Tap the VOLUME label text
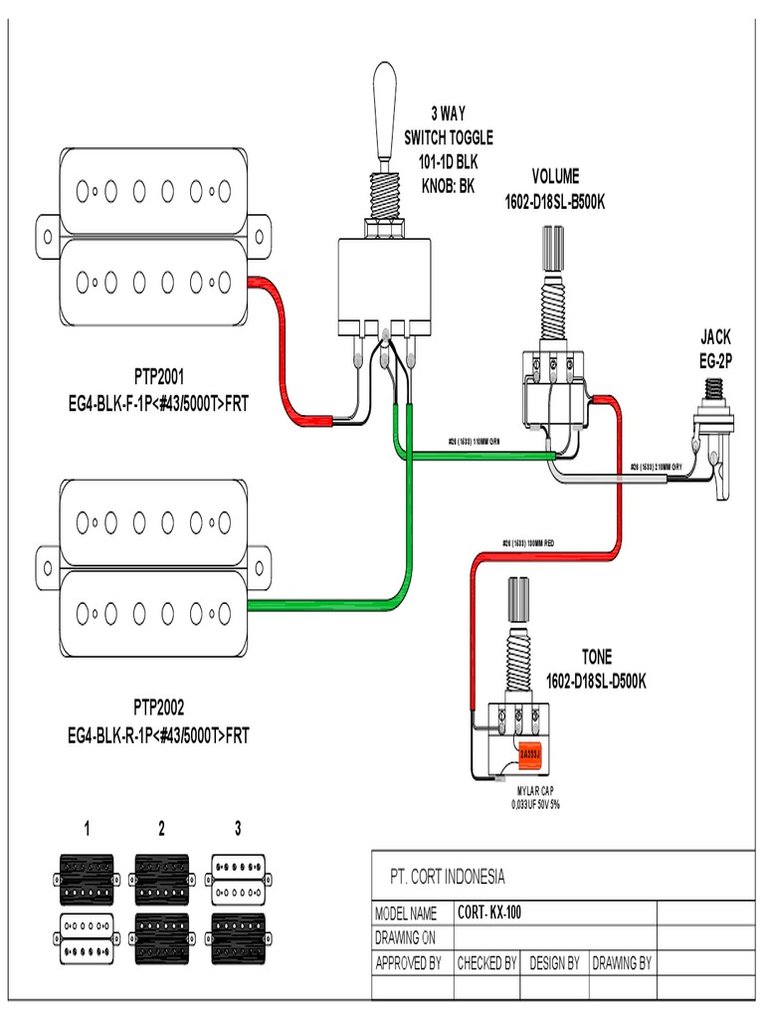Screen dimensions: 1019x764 tap(555, 177)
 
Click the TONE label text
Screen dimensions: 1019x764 tap(597, 658)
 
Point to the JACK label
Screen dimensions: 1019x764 tap(715, 336)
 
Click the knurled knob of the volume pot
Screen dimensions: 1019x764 tap(553, 245)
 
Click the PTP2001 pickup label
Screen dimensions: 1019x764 tap(159, 378)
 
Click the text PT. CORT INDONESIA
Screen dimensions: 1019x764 tap(447, 877)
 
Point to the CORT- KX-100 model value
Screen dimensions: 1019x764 tap(489, 913)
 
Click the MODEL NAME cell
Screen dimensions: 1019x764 tap(405, 914)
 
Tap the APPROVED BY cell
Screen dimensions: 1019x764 tap(407, 963)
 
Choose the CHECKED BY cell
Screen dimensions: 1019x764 tap(486, 963)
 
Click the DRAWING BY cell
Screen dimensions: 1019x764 tap(622, 963)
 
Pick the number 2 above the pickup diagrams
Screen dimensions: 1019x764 tap(161, 828)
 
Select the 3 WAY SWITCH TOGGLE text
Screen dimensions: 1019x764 tap(448, 137)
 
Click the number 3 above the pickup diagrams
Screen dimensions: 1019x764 tap(238, 828)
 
